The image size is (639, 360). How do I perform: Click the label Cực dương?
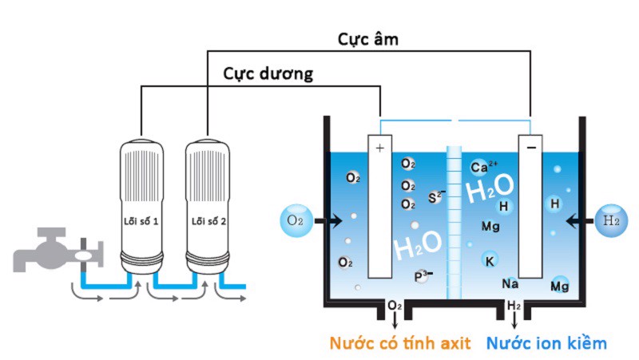[268, 73]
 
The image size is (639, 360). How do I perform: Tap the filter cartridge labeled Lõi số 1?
[141, 208]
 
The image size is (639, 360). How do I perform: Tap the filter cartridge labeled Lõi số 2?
[207, 208]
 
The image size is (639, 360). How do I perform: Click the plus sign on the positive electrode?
[379, 148]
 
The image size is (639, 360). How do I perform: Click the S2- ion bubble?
[436, 196]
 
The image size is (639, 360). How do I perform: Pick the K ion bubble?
[490, 260]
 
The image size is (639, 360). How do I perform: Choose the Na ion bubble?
[510, 283]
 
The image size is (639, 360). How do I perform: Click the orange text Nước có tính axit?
[394, 344]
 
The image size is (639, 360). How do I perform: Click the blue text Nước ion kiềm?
[546, 344]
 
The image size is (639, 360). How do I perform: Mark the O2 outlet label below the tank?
[394, 306]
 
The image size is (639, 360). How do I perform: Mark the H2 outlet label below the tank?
[514, 306]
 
